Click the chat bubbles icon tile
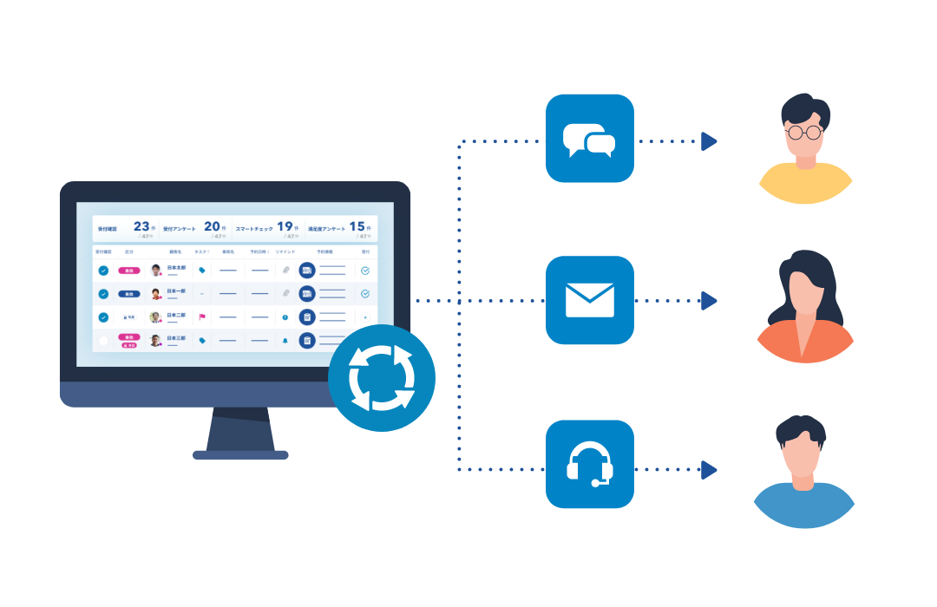coord(590,139)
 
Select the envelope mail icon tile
coord(590,300)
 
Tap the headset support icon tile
coord(590,464)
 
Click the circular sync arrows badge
coord(382,378)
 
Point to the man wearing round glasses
coord(805,140)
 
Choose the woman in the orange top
coord(805,300)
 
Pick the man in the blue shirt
coord(805,466)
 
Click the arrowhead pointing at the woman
coord(710,301)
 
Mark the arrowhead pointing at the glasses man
coord(710,140)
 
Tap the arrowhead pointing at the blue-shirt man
coord(710,470)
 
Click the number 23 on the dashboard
coord(141,226)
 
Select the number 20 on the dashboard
coord(212,226)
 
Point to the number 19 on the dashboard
coord(285,226)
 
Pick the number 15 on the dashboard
coord(357,226)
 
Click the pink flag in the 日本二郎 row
coord(202,317)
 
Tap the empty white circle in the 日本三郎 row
coord(103,341)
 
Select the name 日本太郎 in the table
coord(176,267)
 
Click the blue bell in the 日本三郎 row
coord(285,341)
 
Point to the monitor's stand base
coord(240,454)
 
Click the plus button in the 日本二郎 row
coord(365,317)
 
